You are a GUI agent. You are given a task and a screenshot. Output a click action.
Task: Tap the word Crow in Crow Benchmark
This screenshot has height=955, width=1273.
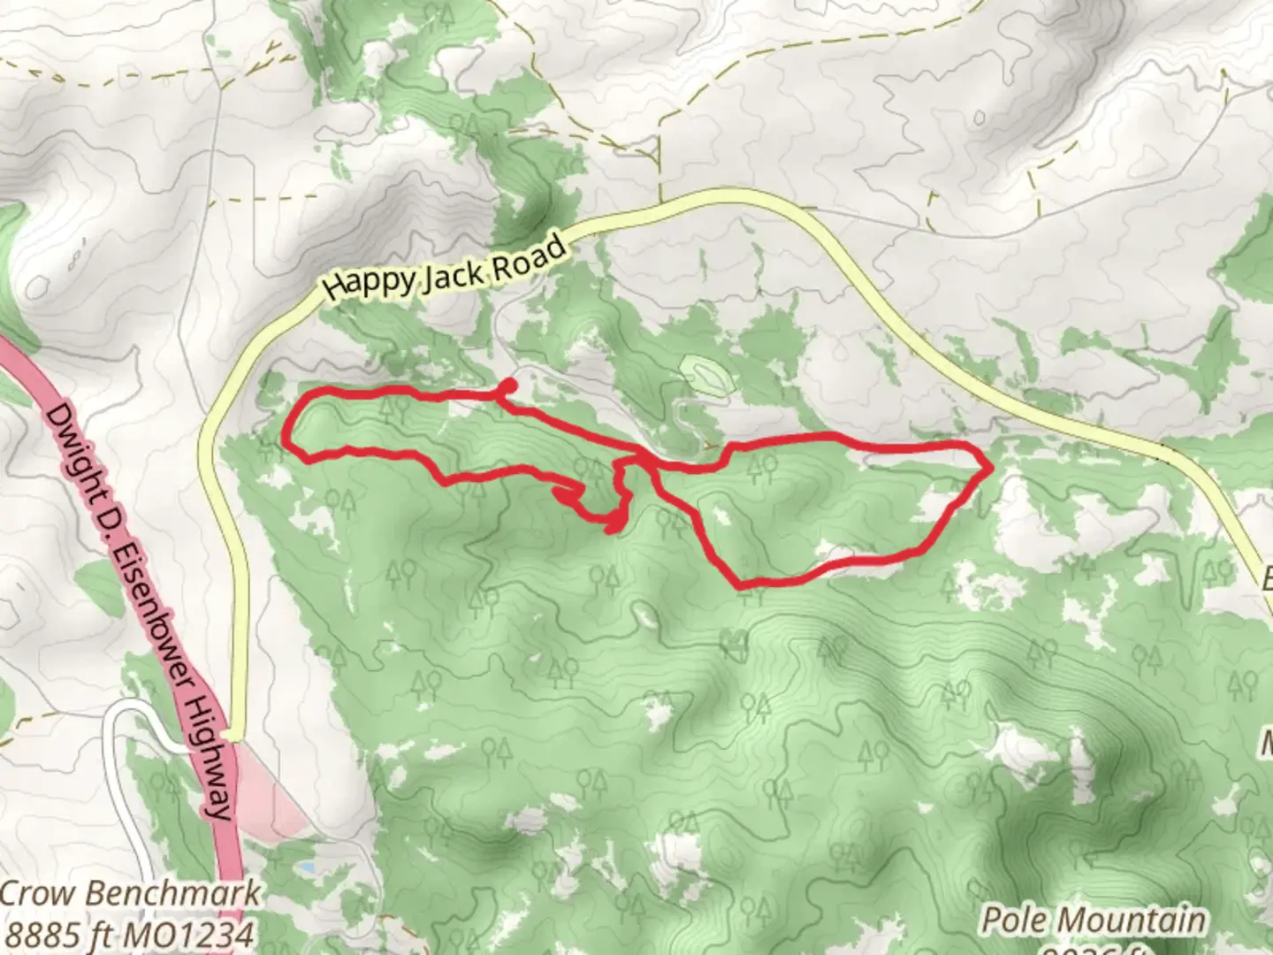pyautogui.click(x=37, y=893)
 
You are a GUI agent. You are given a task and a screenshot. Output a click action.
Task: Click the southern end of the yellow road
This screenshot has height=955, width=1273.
pyautogui.click(x=232, y=734)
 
